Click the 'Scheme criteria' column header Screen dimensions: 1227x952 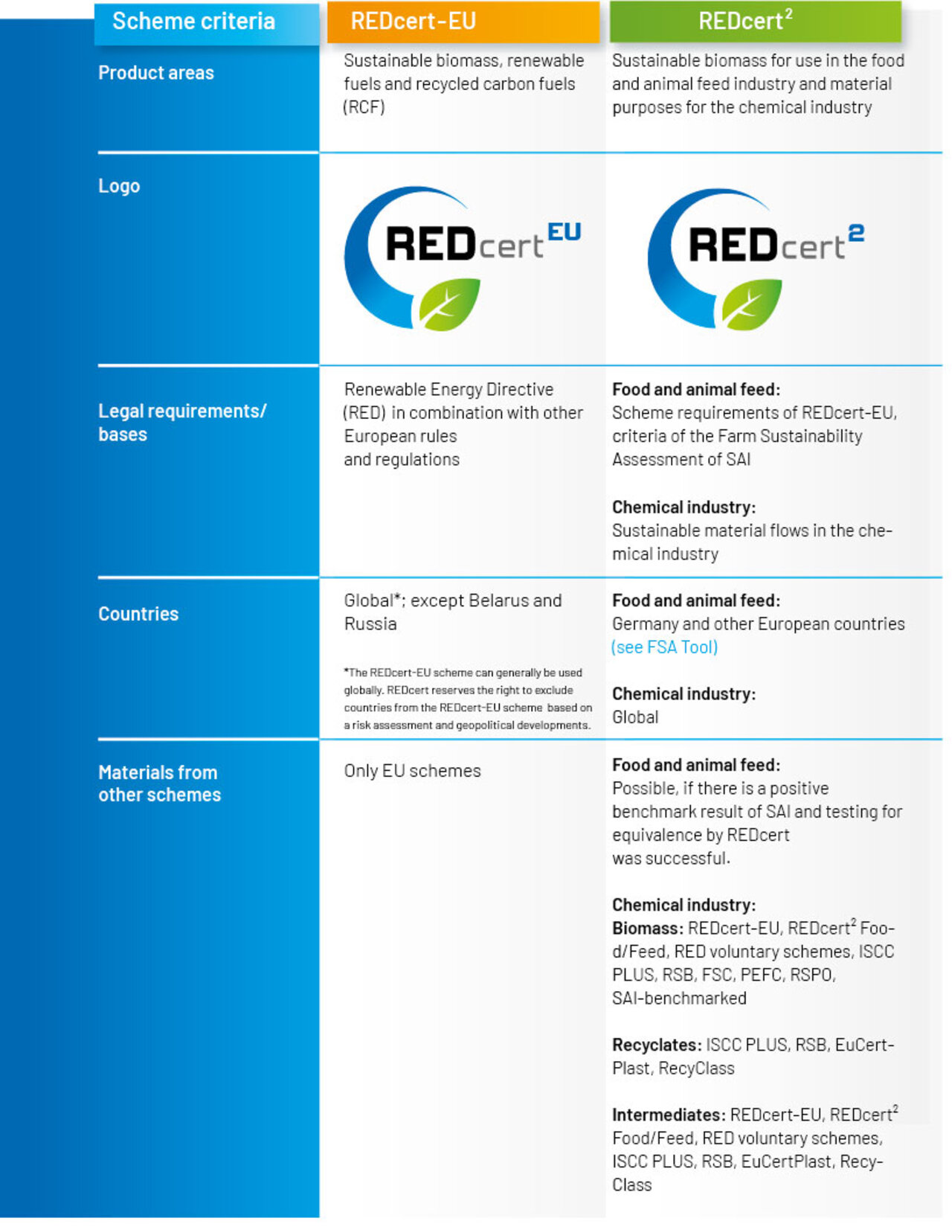click(193, 22)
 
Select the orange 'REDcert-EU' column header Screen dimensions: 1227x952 click(414, 22)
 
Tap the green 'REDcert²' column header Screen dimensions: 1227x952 click(745, 22)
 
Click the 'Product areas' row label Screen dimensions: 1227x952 click(156, 73)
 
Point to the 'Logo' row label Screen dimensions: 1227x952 click(119, 186)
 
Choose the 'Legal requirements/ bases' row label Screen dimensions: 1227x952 click(182, 423)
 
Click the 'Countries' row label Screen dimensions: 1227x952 click(138, 614)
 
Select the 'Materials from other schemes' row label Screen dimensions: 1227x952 click(159, 784)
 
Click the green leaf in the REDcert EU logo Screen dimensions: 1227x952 click(449, 304)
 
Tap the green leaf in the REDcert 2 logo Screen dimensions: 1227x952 click(752, 304)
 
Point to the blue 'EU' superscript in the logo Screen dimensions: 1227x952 click(565, 232)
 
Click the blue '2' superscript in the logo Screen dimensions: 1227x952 click(856, 234)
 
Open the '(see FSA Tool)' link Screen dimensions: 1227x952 click(665, 647)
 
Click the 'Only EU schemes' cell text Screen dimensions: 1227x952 click(412, 771)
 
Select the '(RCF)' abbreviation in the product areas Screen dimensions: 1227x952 click(364, 107)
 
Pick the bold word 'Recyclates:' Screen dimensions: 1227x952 click(657, 1045)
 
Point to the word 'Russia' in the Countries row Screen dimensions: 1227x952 click(370, 624)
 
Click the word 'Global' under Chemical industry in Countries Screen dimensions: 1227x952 click(635, 717)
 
